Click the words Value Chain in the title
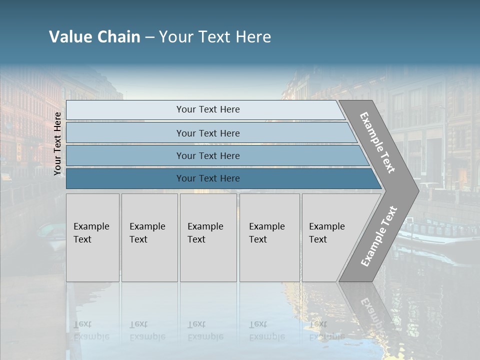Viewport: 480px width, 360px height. click(94, 37)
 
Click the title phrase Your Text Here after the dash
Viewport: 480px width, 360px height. click(215, 37)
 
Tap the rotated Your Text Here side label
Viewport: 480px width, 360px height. click(58, 143)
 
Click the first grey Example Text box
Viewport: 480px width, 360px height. click(92, 237)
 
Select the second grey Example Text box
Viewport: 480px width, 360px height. click(149, 237)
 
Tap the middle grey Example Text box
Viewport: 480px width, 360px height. click(208, 237)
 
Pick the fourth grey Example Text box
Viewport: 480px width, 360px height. click(269, 237)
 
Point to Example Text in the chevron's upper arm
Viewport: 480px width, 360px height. click(377, 142)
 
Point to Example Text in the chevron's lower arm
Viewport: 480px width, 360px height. click(378, 236)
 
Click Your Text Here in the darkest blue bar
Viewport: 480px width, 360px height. click(208, 178)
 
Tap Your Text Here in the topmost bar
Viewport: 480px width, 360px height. click(208, 109)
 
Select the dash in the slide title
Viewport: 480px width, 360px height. click(149, 37)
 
